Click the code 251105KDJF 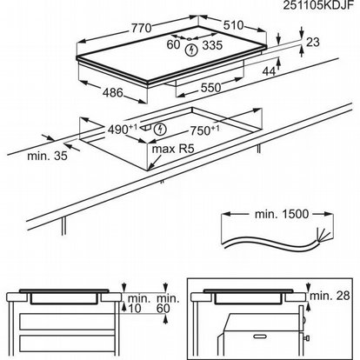(x=318, y=5)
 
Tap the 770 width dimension (x=142, y=28)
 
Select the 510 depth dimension (x=234, y=25)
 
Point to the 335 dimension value (x=212, y=45)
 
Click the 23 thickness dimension (x=313, y=43)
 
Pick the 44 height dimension (x=269, y=71)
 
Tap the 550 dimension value (x=210, y=88)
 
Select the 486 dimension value (x=113, y=92)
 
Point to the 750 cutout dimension (x=204, y=130)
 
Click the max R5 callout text (x=172, y=150)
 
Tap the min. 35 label (x=47, y=156)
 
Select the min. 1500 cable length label (x=282, y=214)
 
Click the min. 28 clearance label (x=330, y=296)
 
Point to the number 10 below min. (x=135, y=309)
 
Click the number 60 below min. (x=163, y=309)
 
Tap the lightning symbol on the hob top (x=190, y=50)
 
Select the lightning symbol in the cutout (x=160, y=130)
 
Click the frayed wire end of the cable (x=323, y=236)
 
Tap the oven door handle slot (x=260, y=337)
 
